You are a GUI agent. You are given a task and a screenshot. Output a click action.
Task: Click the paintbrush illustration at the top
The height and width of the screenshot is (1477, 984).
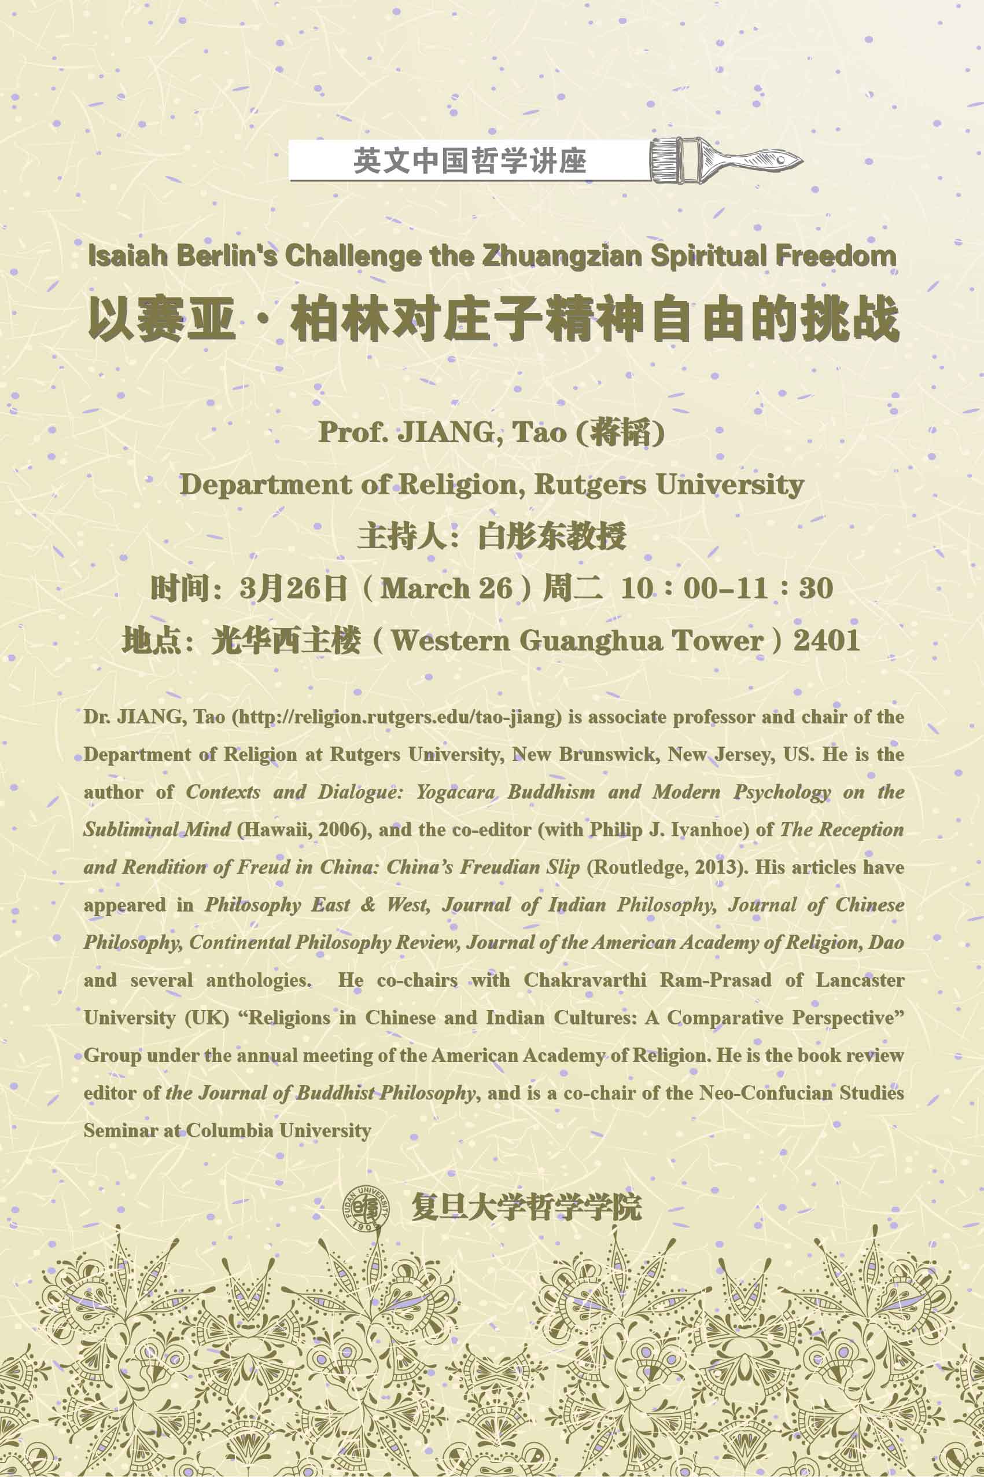(x=725, y=160)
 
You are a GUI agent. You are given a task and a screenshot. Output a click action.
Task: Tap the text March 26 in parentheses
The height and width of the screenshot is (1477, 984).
(x=446, y=588)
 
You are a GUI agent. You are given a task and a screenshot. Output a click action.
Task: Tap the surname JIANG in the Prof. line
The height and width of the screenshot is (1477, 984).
(x=447, y=432)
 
